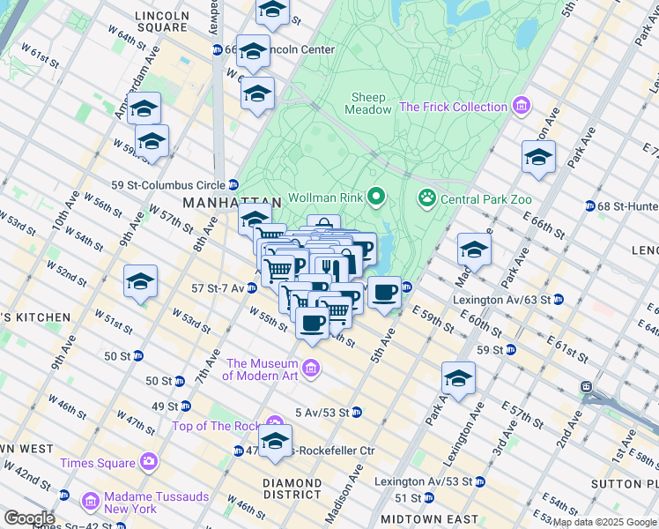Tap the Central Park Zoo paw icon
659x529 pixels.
click(427, 197)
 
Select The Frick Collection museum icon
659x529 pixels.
click(522, 107)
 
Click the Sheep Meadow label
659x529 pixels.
click(371, 103)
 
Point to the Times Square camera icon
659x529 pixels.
click(148, 462)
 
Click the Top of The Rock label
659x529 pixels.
click(218, 426)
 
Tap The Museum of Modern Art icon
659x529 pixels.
click(310, 367)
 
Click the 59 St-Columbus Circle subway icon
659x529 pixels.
click(233, 185)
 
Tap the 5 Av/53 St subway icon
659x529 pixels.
click(356, 412)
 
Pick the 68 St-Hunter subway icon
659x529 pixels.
click(589, 206)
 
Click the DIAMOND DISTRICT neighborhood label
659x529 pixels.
click(292, 490)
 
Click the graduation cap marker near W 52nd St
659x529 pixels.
click(141, 282)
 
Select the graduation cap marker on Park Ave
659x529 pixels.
click(538, 159)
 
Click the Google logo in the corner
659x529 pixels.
click(28, 518)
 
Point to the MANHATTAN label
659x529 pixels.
click(218, 203)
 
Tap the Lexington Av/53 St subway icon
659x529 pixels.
click(479, 481)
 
